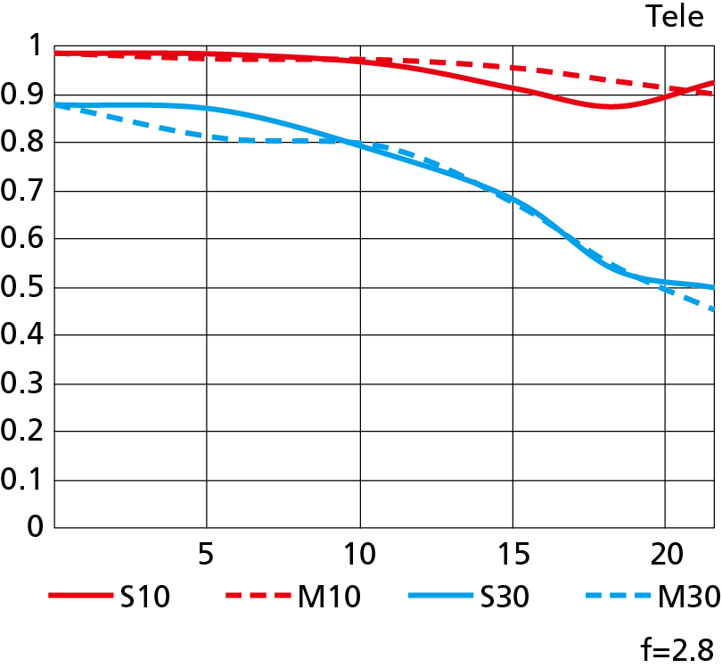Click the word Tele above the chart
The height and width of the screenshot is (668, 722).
coord(675,16)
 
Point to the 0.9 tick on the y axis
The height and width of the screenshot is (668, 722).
coord(24,95)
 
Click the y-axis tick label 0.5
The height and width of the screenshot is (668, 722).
coord(24,287)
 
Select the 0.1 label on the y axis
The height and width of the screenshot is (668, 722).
coord(24,480)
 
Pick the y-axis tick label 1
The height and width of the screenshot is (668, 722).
coord(35,46)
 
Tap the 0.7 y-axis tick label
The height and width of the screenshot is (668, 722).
coord(24,191)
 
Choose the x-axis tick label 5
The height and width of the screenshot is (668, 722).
coord(206,555)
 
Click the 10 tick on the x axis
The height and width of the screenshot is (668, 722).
coord(359,555)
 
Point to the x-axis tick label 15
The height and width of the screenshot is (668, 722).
coord(512,555)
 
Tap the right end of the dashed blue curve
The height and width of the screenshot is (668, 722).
coord(714,309)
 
